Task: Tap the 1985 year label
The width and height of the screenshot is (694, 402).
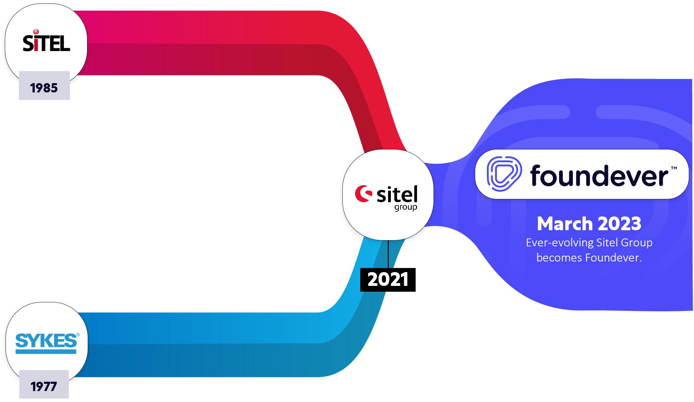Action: click(x=44, y=88)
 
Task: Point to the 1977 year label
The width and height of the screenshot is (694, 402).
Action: click(x=44, y=387)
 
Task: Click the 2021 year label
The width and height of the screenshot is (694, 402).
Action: click(x=388, y=279)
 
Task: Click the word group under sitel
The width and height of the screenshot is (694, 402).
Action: click(x=406, y=208)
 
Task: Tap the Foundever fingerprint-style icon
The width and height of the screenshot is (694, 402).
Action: click(x=504, y=174)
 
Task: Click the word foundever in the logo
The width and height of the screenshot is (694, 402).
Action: click(x=599, y=176)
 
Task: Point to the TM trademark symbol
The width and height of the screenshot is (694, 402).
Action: click(x=674, y=168)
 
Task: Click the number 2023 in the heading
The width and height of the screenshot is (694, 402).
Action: click(x=620, y=224)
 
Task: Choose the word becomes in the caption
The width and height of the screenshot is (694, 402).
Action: click(x=559, y=258)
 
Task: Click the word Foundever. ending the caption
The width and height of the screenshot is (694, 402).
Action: click(x=613, y=258)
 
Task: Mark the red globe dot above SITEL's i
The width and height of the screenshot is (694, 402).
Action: click(x=36, y=32)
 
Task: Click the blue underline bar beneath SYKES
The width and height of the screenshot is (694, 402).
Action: click(x=46, y=351)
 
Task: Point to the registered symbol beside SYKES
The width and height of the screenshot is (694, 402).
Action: click(x=78, y=335)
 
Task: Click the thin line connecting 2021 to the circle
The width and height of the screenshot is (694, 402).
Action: click(x=388, y=254)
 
